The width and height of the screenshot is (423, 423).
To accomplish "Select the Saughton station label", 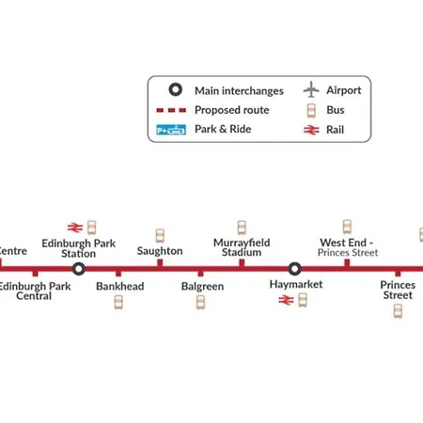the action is point(160,251).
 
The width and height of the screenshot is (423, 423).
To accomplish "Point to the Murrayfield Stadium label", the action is point(242,247).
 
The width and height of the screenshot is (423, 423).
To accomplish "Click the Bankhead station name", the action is point(120,286).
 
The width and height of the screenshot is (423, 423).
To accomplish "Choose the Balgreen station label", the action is point(202,287).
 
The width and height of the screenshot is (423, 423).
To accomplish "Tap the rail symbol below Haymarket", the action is point(286,300).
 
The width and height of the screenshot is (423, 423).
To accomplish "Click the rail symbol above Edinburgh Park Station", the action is point(75,227).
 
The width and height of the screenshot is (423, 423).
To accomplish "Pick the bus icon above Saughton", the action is point(160,236).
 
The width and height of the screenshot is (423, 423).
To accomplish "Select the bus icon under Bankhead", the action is point(118,303).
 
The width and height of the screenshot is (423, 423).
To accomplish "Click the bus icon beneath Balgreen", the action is point(201,303).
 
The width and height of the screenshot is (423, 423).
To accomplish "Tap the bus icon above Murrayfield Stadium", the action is point(242,227).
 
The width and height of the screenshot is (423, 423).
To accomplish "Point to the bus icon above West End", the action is point(347,227).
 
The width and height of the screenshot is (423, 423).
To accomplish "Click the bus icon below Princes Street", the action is point(398,311).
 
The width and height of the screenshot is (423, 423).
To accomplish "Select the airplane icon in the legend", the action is point(311,89).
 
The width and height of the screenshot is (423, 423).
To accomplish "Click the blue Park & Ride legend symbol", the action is point(171,130).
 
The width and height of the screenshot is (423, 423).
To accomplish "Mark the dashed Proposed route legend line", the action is point(171,110).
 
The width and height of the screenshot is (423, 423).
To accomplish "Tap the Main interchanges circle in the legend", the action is point(176,89).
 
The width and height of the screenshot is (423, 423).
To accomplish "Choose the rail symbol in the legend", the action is point(311,130).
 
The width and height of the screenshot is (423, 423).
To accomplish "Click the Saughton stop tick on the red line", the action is point(160,263).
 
